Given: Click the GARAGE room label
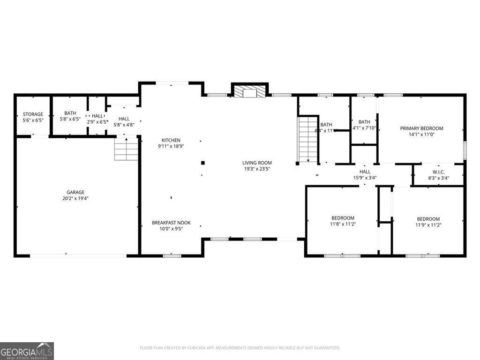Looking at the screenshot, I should pyautogui.click(x=75, y=192).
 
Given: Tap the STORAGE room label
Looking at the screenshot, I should pyautogui.click(x=33, y=114).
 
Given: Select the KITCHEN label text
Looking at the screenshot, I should pyautogui.click(x=171, y=140).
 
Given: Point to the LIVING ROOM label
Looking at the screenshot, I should pyautogui.click(x=257, y=163).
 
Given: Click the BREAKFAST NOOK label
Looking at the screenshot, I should pyautogui.click(x=171, y=223).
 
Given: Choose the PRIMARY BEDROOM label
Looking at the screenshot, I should pyautogui.click(x=421, y=128).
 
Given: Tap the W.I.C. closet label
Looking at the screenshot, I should pyautogui.click(x=438, y=172).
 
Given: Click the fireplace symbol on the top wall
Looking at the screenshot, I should pyautogui.click(x=249, y=91).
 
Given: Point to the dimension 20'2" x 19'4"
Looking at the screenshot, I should pyautogui.click(x=75, y=198).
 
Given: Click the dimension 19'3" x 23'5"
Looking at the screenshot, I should pyautogui.click(x=257, y=169).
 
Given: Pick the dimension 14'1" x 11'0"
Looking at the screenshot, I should pyautogui.click(x=421, y=134).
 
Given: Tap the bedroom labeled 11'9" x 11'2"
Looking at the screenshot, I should pyautogui.click(x=428, y=222).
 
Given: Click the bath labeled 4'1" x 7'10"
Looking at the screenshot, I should pyautogui.click(x=364, y=125).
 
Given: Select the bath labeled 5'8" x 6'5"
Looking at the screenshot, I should pyautogui.click(x=70, y=116).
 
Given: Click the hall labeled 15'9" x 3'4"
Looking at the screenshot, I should pyautogui.click(x=365, y=175).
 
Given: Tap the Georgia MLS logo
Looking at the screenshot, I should pyautogui.click(x=27, y=351).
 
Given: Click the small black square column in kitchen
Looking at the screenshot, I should pyautogui.click(x=203, y=163).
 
